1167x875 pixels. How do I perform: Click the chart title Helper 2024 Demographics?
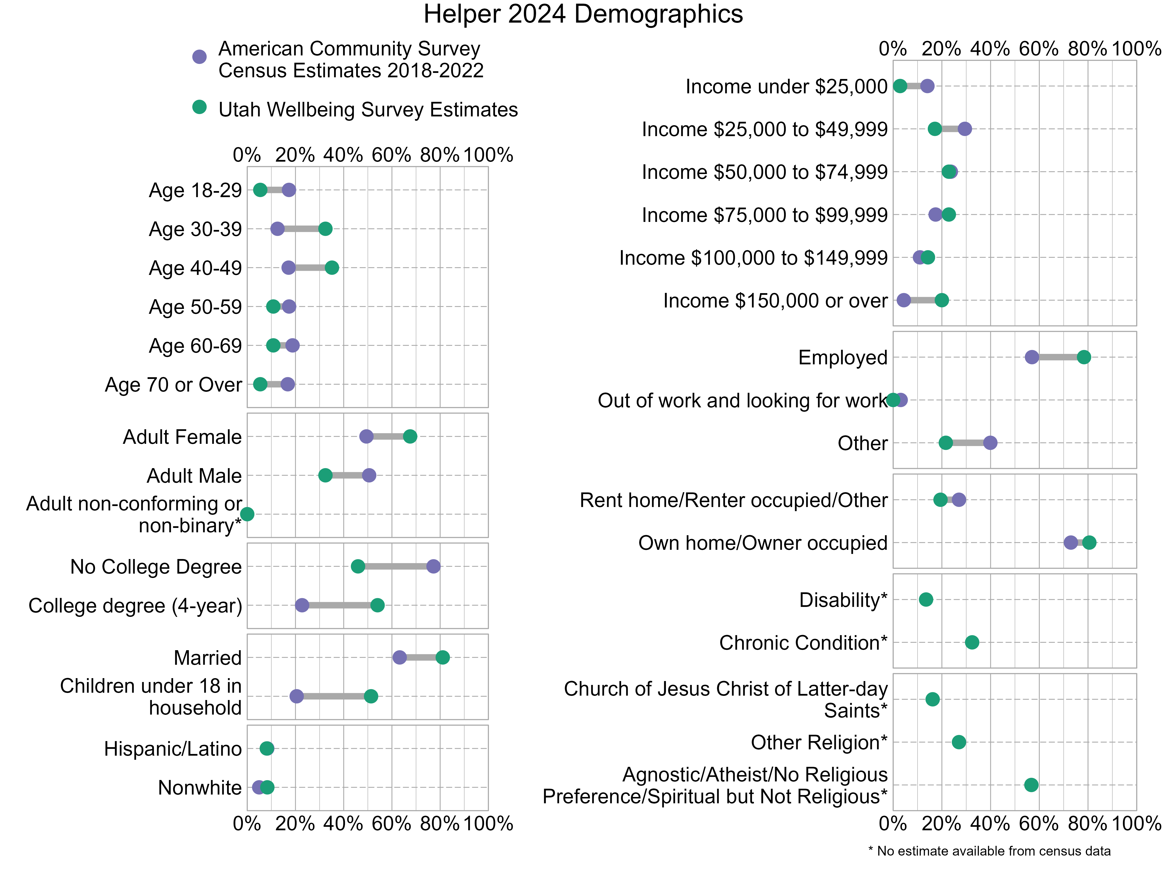pos(583,14)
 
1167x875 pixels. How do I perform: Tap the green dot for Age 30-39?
pos(326,229)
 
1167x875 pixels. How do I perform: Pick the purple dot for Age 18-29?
pos(289,190)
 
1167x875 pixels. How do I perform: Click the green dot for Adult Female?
pos(410,436)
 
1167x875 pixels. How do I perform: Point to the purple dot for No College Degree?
pos(433,567)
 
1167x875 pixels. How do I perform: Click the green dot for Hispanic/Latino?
pos(267,748)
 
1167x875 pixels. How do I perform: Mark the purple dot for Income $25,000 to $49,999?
pos(964,129)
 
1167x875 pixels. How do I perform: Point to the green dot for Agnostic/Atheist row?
pos(1031,785)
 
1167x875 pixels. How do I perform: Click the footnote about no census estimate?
pos(989,851)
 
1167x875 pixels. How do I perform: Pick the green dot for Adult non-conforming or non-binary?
pos(247,514)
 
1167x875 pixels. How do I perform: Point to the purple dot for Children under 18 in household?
pos(297,696)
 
